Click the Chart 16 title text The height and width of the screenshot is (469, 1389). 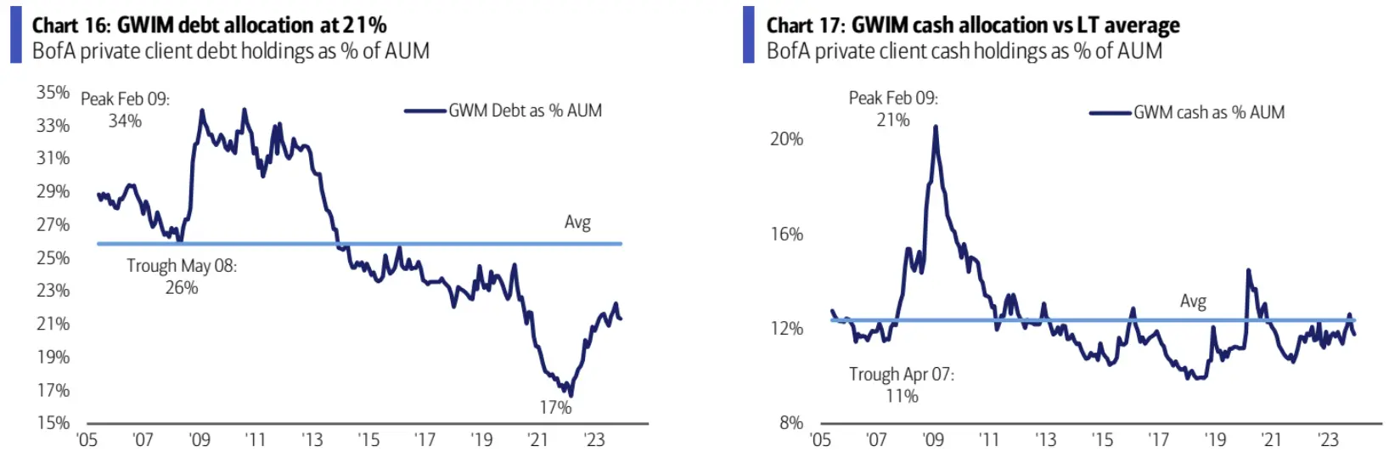[209, 25]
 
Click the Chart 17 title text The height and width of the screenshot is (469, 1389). [972, 25]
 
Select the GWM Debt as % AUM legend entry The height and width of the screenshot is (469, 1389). [525, 110]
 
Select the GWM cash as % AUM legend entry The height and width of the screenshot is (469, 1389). [1208, 112]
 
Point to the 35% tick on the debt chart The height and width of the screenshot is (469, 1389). [53, 92]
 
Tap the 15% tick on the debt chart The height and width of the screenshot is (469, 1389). [53, 422]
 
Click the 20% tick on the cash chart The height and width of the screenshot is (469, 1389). [786, 138]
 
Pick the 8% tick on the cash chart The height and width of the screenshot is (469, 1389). [791, 422]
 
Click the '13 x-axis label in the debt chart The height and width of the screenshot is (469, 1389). [312, 439]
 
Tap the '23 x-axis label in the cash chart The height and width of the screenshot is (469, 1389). [1328, 439]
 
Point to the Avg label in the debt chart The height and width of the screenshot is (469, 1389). [577, 223]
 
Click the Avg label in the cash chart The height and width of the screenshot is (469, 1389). [1193, 302]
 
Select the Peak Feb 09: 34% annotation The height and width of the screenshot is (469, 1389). [125, 110]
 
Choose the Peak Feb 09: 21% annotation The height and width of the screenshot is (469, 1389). [893, 109]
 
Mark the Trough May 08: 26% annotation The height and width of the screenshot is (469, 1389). [182, 276]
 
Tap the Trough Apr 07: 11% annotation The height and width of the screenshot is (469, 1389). [902, 385]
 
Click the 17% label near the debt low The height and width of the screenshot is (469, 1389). [555, 408]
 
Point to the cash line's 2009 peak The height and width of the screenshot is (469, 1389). [936, 127]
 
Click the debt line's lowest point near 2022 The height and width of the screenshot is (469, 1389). [571, 395]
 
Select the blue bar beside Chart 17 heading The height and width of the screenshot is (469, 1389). [748, 35]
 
